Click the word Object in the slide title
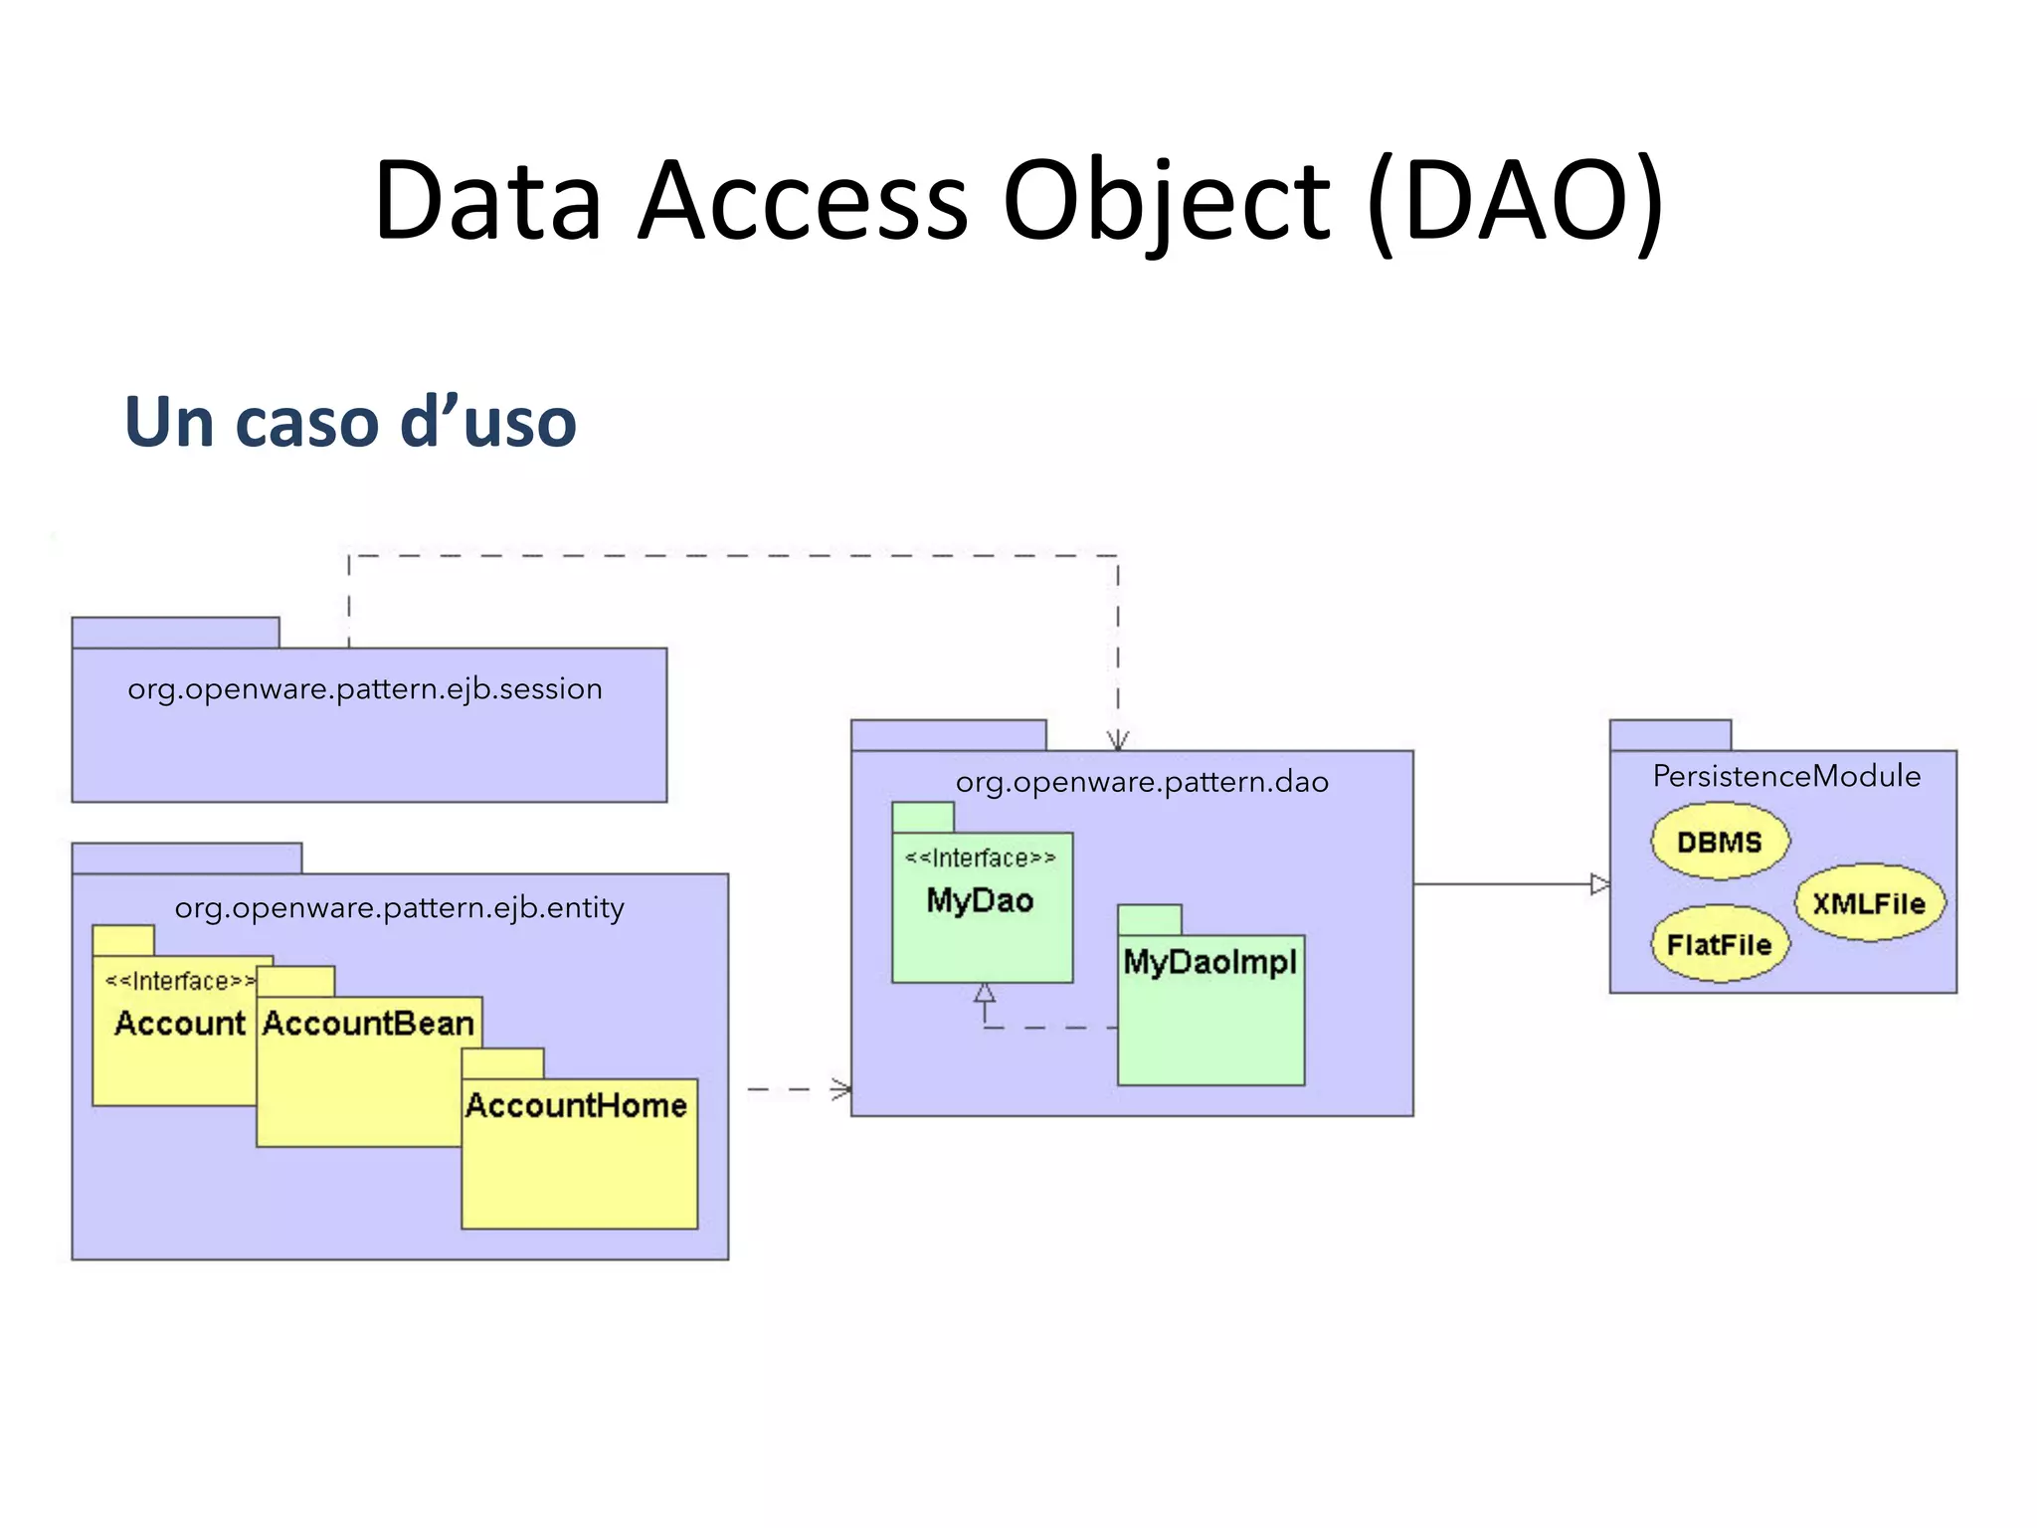coord(1165,202)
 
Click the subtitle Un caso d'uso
coord(350,422)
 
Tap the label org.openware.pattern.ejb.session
coord(365,688)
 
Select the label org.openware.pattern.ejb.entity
coord(399,907)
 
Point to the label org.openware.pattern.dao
coord(1142,782)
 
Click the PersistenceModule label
coord(1786,776)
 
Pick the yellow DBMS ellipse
coord(1720,843)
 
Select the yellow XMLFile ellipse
coord(1869,903)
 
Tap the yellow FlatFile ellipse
coord(1719,944)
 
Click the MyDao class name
coord(980,900)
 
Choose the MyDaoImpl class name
coord(1209,962)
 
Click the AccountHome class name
coord(576,1105)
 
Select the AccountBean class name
coord(368,1023)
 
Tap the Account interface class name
coord(179,1023)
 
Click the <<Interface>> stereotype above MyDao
coord(980,858)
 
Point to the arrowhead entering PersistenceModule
coord(1599,883)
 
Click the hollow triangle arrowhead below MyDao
coord(985,993)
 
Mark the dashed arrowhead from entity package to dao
coord(842,1089)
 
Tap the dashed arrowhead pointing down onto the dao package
coord(1118,741)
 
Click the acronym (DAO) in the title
coord(1515,202)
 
